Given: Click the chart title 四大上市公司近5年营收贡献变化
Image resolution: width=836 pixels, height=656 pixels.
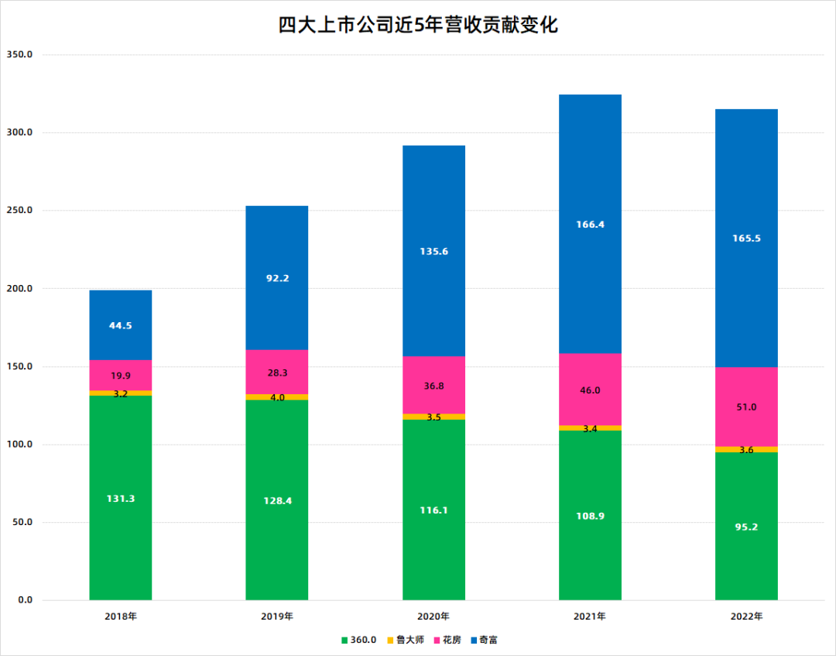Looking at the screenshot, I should click(418, 26).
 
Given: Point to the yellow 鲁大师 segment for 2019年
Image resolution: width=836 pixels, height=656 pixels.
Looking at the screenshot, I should click(277, 397).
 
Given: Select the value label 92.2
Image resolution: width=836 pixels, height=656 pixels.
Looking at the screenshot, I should click(277, 278).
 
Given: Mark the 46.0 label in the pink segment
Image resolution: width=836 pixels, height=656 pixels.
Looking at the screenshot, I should click(590, 390).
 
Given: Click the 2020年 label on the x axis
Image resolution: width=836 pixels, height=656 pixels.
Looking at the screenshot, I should click(433, 617).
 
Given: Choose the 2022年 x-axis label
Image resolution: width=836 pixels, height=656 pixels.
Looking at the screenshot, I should click(746, 617).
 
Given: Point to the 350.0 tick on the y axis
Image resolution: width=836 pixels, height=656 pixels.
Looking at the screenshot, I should click(19, 55).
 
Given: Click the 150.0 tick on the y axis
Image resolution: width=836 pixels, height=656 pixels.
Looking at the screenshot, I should click(19, 366).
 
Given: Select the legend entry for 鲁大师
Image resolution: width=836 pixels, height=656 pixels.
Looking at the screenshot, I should click(406, 641).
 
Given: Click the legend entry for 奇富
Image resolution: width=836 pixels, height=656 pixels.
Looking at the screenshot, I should click(484, 641).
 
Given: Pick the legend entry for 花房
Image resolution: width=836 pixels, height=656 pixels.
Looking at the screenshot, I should click(447, 641).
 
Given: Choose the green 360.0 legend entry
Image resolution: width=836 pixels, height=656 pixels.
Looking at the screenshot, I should click(359, 641).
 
